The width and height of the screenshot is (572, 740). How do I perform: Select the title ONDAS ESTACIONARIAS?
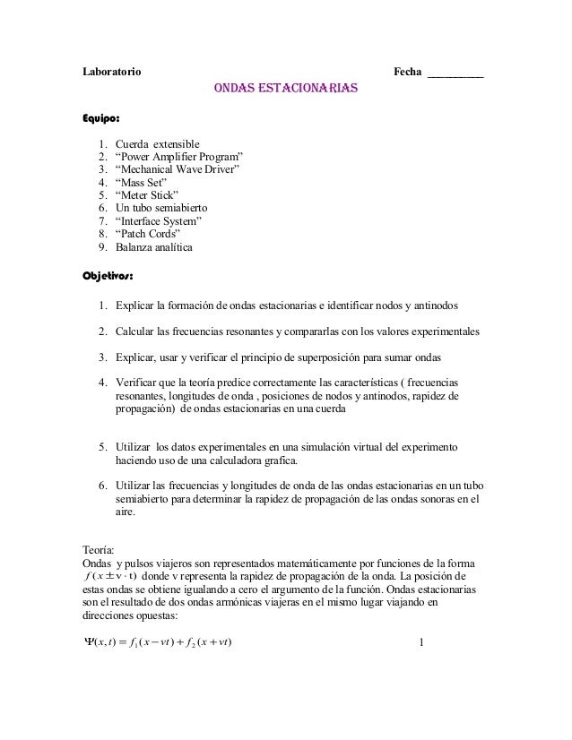[x=285, y=90]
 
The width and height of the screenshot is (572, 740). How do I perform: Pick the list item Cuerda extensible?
[x=158, y=144]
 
